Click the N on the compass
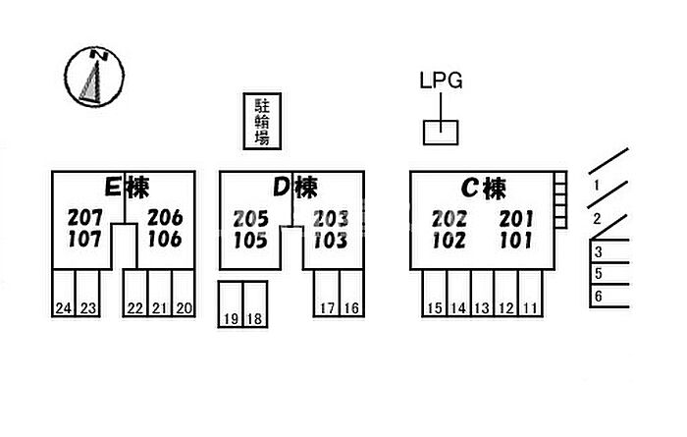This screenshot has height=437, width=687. point(99,55)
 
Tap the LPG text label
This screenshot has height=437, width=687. point(441,81)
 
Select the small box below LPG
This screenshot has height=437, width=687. point(441,133)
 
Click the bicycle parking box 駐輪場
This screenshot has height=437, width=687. point(262,122)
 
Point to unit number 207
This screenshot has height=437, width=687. point(85,217)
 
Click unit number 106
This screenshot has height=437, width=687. point(165,240)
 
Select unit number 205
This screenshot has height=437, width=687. point(250,219)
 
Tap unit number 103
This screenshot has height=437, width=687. point(331,241)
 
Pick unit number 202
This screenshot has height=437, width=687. point(449,219)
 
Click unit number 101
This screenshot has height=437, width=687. point(516,241)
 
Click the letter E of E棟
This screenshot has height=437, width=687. point(113,188)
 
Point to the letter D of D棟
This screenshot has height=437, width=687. point(282,188)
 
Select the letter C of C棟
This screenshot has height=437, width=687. point(470,189)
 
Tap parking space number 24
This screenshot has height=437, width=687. point(63,308)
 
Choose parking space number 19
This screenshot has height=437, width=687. point(231,318)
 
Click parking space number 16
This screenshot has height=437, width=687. point(351,308)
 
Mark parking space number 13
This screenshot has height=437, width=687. point(482,308)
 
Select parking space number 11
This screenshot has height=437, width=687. point(530,308)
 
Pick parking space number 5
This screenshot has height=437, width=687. point(599,274)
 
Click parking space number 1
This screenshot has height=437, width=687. point(597,186)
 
